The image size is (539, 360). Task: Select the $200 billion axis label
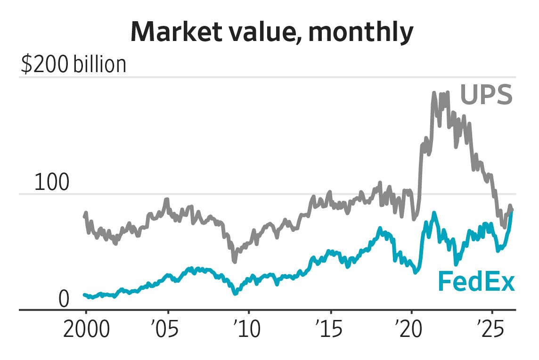coord(73,65)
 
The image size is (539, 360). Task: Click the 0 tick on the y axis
coord(64,299)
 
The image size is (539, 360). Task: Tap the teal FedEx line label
coord(476,282)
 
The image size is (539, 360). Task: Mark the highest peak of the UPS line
coord(433,93)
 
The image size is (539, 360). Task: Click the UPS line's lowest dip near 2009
coord(234,261)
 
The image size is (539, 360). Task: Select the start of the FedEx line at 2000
coord(84,295)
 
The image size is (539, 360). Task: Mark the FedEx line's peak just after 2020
coord(433,213)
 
